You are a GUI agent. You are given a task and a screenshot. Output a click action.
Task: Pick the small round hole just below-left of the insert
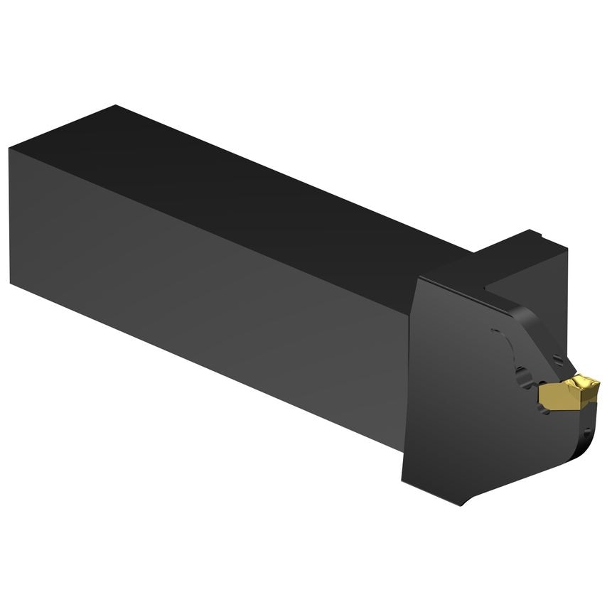click(527, 387)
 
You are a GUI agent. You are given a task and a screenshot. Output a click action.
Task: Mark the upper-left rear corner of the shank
click(10, 148)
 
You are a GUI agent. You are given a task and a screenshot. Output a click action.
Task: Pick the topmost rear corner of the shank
click(114, 106)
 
